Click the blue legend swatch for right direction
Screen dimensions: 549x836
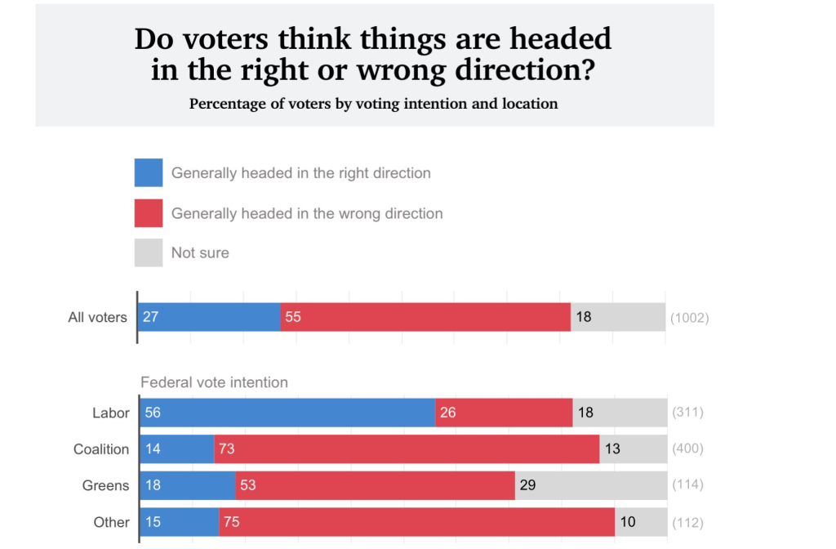149,173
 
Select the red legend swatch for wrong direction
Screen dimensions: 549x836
149,213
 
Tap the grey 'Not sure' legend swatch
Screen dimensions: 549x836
149,252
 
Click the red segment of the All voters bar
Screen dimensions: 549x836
425,317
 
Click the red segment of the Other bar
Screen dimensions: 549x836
416,522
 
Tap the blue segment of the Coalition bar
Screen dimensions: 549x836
177,449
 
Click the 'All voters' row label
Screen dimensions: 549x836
97,317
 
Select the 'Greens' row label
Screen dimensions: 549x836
105,485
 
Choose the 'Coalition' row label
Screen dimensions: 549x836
101,449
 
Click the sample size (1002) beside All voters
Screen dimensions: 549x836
689,318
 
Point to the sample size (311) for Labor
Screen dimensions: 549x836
687,413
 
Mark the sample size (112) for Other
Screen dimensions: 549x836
687,523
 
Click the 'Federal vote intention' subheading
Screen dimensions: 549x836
214,382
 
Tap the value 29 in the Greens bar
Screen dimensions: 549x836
527,485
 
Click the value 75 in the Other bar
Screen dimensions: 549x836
231,522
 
